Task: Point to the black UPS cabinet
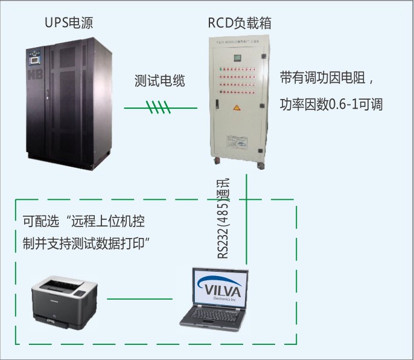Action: point(67,103)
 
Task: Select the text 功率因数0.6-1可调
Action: point(331,104)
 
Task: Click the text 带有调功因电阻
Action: point(323,79)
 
